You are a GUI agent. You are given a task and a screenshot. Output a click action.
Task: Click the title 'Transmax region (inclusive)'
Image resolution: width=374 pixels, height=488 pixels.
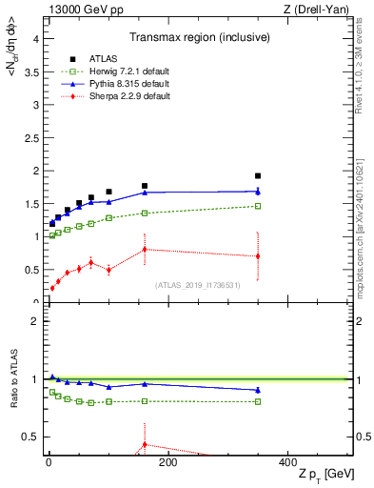(x=199, y=39)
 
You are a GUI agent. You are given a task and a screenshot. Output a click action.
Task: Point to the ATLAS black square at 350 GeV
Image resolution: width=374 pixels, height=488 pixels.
(x=257, y=175)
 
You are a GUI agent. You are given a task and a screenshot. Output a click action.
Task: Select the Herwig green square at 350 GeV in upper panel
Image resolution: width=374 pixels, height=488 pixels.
(x=257, y=206)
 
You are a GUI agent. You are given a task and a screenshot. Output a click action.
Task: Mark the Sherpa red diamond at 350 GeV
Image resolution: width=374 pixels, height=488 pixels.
(x=257, y=255)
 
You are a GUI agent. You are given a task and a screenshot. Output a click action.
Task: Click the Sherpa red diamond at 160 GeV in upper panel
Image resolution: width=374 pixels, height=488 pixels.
(x=145, y=249)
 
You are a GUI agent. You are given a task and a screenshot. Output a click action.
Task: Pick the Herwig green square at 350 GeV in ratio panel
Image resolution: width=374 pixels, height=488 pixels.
(x=257, y=401)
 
